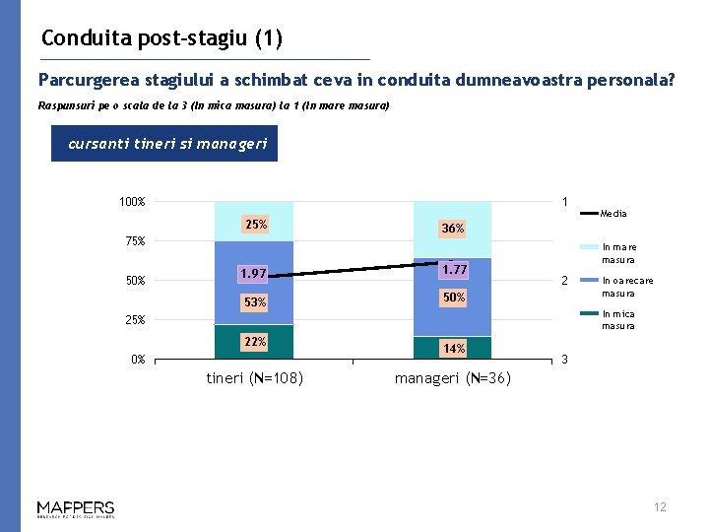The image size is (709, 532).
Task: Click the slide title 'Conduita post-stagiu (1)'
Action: (162, 38)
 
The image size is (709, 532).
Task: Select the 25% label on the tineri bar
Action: (255, 225)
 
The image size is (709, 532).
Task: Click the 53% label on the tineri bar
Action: (255, 301)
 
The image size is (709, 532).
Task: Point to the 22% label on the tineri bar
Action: (255, 341)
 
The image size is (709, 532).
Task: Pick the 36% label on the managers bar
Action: (453, 229)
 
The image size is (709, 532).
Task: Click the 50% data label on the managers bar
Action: (453, 297)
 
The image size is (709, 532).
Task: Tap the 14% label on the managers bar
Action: (453, 348)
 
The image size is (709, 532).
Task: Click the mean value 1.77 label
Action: (454, 269)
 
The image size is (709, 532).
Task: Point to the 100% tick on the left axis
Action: (132, 202)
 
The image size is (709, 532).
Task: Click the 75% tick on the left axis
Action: (133, 241)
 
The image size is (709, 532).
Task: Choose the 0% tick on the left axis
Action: (138, 360)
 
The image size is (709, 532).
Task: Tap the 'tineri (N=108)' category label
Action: (254, 378)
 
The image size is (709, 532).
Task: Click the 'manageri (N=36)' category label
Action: (452, 378)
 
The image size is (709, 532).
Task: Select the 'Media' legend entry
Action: (612, 213)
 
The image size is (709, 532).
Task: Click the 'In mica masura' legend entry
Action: (619, 320)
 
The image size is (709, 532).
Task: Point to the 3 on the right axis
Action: (564, 360)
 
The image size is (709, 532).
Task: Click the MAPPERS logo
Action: (76, 508)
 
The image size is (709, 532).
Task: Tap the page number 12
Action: (660, 507)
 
